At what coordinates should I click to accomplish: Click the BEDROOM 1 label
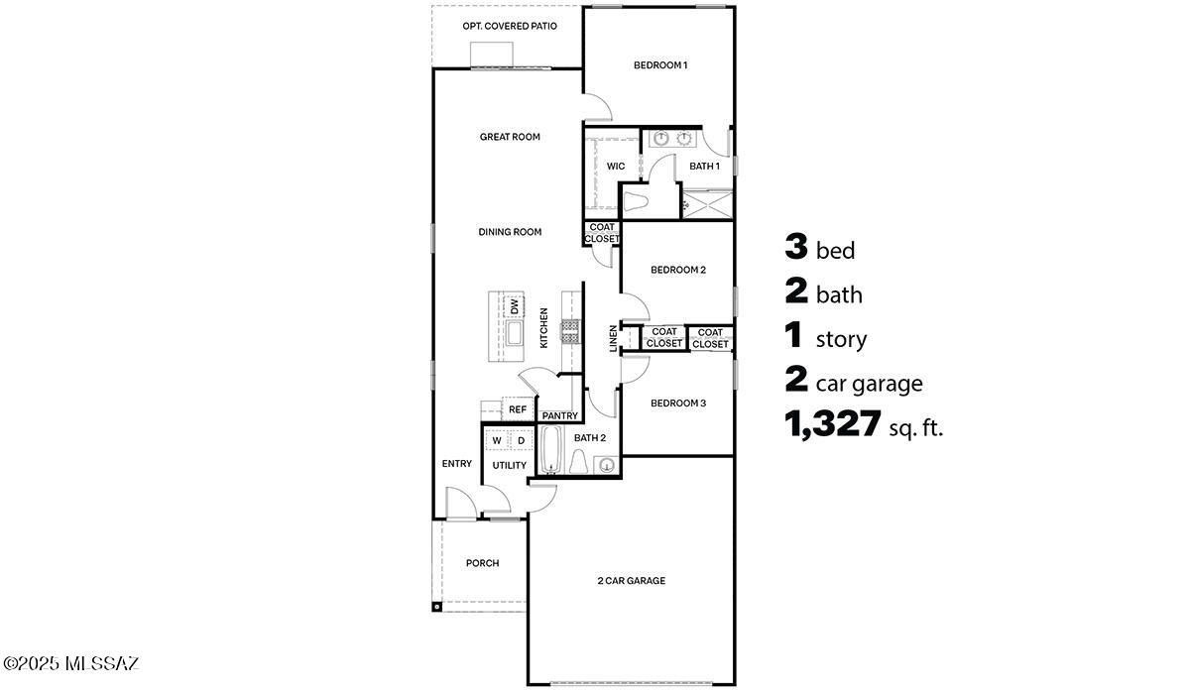point(660,65)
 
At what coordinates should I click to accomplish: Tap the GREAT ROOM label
point(510,137)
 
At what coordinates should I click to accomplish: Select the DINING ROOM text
point(510,232)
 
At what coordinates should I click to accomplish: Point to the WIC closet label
point(616,167)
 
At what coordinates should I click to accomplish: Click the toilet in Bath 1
point(635,202)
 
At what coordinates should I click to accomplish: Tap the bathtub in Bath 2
point(550,450)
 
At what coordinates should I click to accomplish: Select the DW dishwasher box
point(515,306)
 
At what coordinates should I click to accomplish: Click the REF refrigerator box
point(517,408)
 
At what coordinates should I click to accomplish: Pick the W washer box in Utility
point(496,440)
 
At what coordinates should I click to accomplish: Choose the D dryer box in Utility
point(521,440)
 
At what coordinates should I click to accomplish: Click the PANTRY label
point(560,415)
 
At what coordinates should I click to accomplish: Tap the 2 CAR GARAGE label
point(631,581)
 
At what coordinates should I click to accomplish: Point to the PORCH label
point(482,563)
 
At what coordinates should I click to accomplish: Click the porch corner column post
point(435,606)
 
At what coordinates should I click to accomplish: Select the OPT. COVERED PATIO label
point(510,26)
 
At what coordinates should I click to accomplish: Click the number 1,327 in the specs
point(833,425)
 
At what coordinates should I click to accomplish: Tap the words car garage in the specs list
point(869,384)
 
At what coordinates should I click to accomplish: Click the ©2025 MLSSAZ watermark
point(70,662)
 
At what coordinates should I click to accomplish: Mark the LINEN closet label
point(613,338)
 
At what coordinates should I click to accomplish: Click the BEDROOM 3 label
point(678,404)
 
